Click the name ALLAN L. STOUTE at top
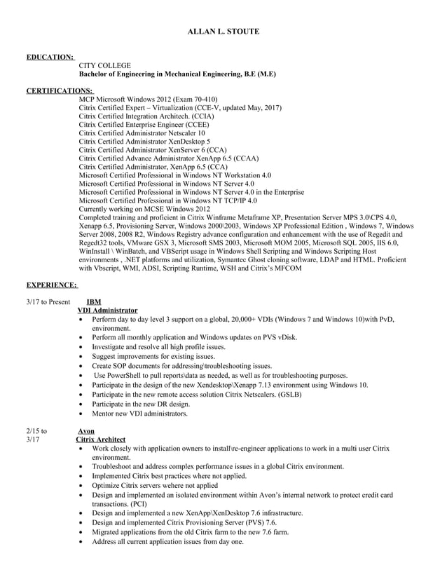(x=223, y=32)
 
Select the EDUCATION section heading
(x=50, y=56)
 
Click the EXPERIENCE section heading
(x=52, y=285)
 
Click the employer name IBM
(x=93, y=302)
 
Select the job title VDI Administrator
(x=107, y=310)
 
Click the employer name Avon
(x=85, y=431)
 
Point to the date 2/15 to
(x=36, y=431)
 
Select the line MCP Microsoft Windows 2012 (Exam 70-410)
(x=148, y=100)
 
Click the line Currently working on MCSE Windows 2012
(x=144, y=209)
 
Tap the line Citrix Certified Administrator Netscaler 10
(x=142, y=132)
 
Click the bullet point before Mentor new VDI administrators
(x=84, y=414)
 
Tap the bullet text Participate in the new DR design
(x=141, y=404)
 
